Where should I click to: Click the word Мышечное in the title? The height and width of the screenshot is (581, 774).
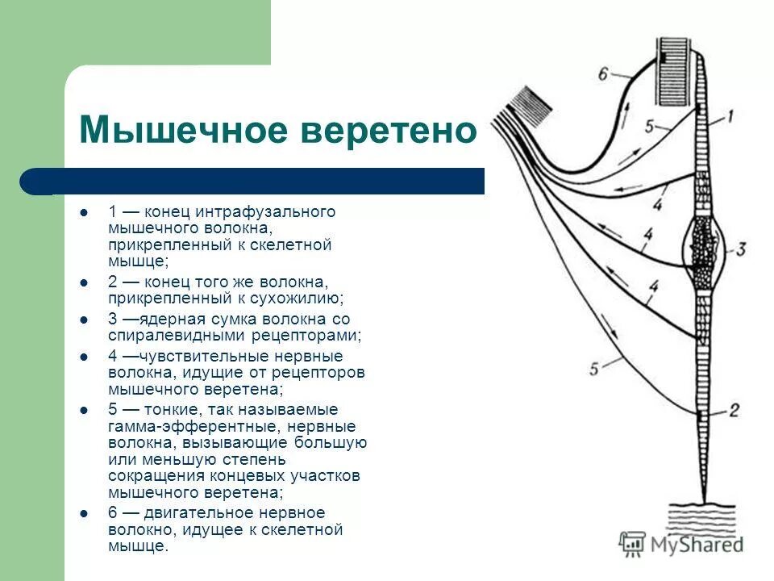[x=183, y=129]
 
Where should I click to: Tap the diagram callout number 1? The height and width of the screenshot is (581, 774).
[x=729, y=117]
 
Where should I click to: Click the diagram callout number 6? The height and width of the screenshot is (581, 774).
[x=604, y=73]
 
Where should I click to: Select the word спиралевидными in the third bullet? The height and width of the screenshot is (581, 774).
[x=159, y=336]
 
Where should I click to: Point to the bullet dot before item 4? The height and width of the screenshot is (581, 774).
[x=84, y=356]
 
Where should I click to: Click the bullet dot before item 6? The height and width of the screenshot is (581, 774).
[x=84, y=513]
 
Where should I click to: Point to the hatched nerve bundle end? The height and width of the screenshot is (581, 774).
[x=528, y=106]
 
